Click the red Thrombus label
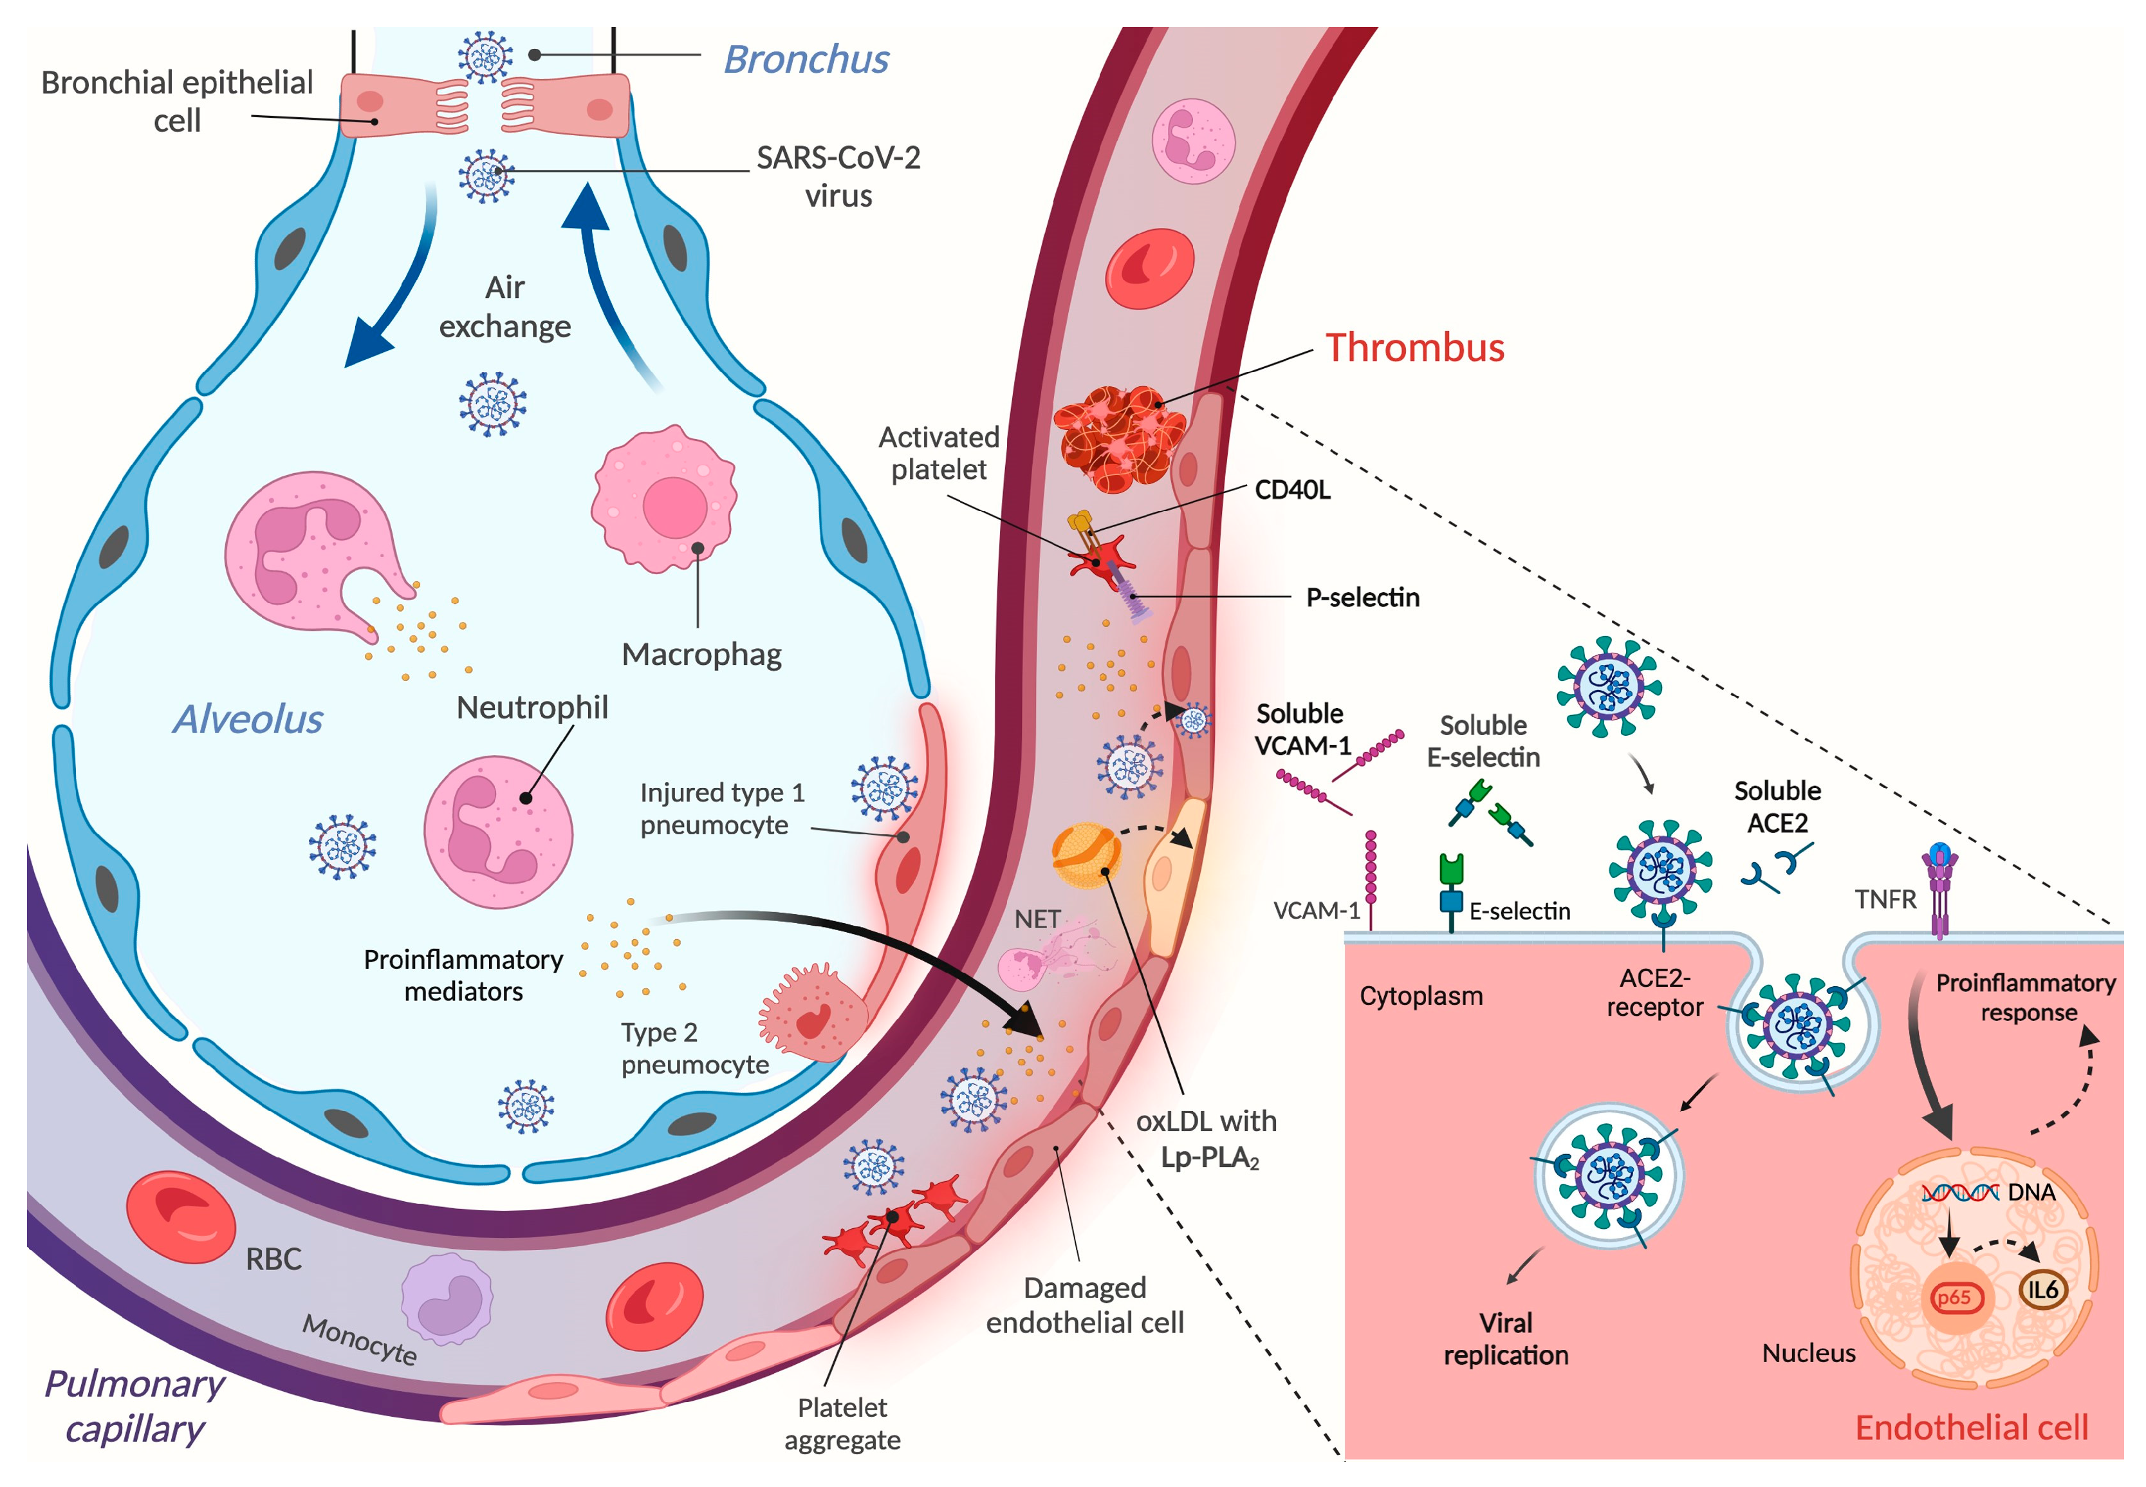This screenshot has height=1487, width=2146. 1413,348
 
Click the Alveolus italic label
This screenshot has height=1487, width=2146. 248,719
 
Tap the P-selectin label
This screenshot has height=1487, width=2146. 1362,597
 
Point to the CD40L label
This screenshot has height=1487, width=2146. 1292,490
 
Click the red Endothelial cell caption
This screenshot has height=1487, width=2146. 1971,1427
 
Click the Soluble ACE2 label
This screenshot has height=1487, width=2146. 1776,807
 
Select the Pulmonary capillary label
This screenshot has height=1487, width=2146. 135,1406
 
